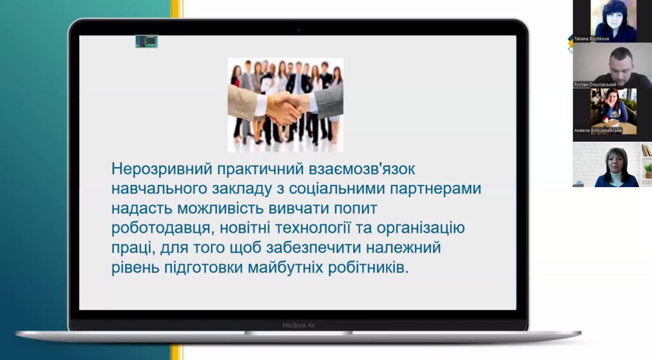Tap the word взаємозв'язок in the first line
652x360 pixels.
point(362,168)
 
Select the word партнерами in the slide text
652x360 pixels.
point(435,189)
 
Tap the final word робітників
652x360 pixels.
point(369,267)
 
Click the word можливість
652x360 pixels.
point(221,208)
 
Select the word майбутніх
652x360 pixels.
point(285,267)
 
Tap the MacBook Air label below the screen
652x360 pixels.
point(298,325)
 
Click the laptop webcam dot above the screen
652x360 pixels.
point(298,30)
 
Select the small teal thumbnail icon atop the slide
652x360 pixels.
point(146,41)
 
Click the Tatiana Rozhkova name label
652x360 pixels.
point(591,39)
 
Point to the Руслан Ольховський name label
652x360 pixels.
point(595,85)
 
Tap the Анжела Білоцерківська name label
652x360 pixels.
point(598,131)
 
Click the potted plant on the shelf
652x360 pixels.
point(648,171)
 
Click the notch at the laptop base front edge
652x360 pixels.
point(298,333)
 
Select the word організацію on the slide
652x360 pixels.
point(421,228)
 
